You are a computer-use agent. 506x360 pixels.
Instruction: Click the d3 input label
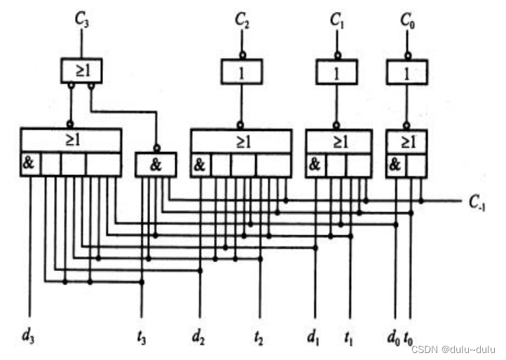click(x=28, y=335)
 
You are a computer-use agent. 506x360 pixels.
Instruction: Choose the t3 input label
click(x=142, y=335)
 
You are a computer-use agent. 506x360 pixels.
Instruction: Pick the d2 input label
click(x=200, y=335)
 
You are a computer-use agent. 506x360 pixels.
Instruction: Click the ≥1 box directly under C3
click(x=81, y=69)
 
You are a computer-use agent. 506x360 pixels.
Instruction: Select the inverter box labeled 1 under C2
click(x=242, y=71)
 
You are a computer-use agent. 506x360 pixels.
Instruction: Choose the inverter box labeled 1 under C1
click(x=336, y=71)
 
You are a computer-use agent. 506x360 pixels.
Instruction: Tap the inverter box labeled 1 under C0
click(x=407, y=71)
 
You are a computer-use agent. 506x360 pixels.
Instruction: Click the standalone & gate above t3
click(x=156, y=165)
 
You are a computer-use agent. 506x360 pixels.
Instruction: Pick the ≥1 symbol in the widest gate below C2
click(x=242, y=140)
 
